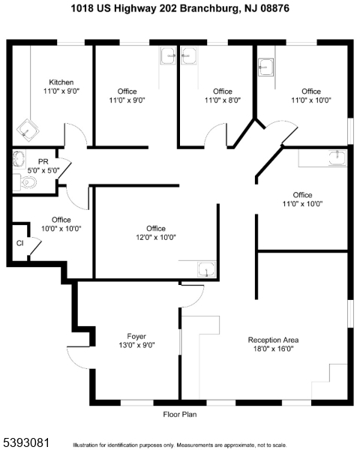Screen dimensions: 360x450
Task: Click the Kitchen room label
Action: pos(61,82)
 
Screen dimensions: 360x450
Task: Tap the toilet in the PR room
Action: pos(25,182)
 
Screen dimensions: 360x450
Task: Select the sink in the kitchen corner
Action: pos(28,130)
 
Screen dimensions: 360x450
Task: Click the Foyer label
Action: pos(136,336)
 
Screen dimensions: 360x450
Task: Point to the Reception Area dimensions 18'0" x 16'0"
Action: pos(273,349)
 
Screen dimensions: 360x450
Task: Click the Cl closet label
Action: pos(19,243)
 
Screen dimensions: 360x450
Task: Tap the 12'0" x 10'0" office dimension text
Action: pos(156,237)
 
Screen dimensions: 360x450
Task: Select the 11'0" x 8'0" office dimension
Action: pos(223,100)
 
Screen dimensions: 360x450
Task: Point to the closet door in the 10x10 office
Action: pos(35,246)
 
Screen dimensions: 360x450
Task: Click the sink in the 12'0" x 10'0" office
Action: pos(207,269)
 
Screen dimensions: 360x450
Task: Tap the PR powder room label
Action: pos(43,162)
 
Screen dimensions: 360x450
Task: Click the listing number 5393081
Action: pos(25,442)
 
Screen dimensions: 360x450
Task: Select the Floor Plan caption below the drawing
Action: pos(180,415)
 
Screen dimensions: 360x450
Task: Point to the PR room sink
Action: pos(19,159)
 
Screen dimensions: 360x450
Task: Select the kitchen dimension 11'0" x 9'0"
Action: pos(61,91)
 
